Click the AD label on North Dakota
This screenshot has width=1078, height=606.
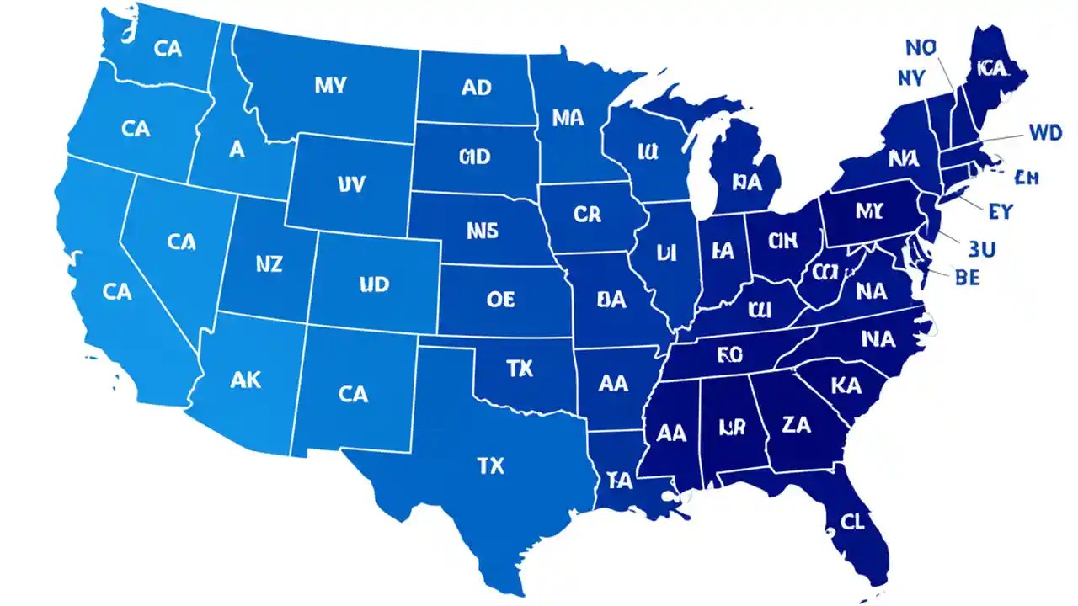click(x=477, y=88)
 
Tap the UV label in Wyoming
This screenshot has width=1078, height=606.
click(x=350, y=184)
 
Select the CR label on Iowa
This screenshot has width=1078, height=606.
click(x=587, y=215)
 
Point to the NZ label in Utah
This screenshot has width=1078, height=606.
click(x=269, y=264)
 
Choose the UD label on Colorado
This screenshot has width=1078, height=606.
click(x=374, y=284)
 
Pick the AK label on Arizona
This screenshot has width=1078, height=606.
click(x=245, y=380)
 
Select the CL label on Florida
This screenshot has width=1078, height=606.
click(x=852, y=522)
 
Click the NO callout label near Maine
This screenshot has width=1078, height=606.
click(x=921, y=48)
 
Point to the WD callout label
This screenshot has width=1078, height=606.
click(x=1045, y=132)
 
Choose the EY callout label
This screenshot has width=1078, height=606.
click(x=999, y=211)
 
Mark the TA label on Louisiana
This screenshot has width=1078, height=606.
click(x=619, y=481)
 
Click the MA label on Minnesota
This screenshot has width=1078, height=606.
click(x=568, y=118)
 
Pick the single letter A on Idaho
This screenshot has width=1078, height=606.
click(x=237, y=149)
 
